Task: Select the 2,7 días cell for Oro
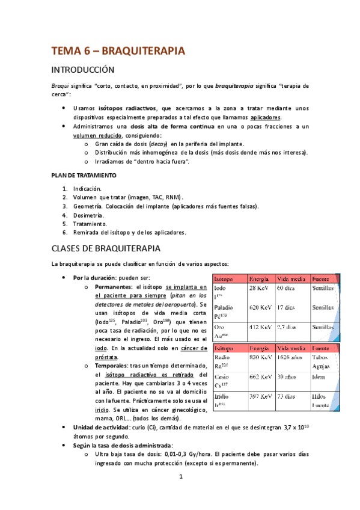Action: click(x=288, y=327)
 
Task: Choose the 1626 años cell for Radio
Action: click(x=291, y=357)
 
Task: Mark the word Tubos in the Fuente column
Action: click(x=320, y=357)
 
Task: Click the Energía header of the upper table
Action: click(x=260, y=278)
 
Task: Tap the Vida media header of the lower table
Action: click(x=291, y=348)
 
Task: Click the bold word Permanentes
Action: click(x=115, y=287)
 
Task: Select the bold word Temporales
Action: click(x=112, y=366)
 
